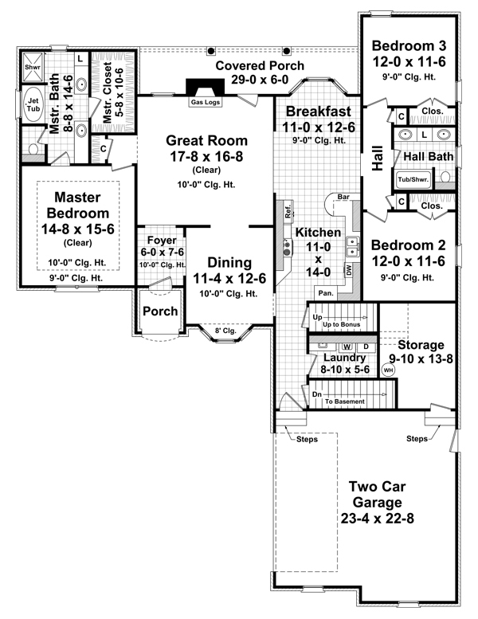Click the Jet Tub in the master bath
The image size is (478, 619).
(x=33, y=104)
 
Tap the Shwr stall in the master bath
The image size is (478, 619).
(x=33, y=68)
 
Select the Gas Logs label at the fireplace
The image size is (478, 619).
(x=206, y=102)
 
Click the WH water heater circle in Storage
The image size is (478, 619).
(x=389, y=370)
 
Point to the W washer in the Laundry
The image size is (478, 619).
(x=347, y=347)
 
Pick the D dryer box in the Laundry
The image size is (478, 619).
(x=366, y=347)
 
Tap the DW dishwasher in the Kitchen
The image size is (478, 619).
(x=349, y=270)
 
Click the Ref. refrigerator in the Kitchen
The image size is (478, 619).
(x=288, y=210)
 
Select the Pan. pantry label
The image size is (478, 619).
(x=326, y=293)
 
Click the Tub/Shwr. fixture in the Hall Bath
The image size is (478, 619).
(x=413, y=179)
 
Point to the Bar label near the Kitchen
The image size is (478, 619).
(x=343, y=197)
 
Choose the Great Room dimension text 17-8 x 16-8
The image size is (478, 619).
(x=206, y=157)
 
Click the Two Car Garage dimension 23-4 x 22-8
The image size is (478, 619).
(x=378, y=519)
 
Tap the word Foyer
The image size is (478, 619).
(x=162, y=240)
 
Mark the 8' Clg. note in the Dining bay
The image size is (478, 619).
(x=225, y=331)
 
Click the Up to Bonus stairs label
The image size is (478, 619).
(x=342, y=324)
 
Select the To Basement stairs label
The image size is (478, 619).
(x=345, y=402)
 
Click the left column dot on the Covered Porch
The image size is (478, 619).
(x=211, y=51)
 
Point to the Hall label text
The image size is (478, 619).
(x=378, y=159)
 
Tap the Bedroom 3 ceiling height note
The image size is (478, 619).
(x=409, y=77)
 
